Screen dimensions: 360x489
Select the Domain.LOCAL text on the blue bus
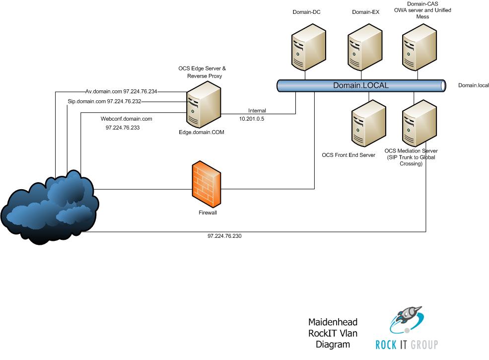tap(360, 85)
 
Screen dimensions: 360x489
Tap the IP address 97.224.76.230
tap(224, 236)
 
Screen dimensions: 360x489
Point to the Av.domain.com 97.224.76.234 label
tap(121, 91)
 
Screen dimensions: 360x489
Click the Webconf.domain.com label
tap(126, 119)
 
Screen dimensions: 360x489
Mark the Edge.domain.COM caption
tap(198, 132)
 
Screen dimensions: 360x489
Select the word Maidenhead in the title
tap(333, 322)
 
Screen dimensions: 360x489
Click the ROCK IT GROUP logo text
tap(407, 344)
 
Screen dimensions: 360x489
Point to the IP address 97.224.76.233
tap(123, 128)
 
